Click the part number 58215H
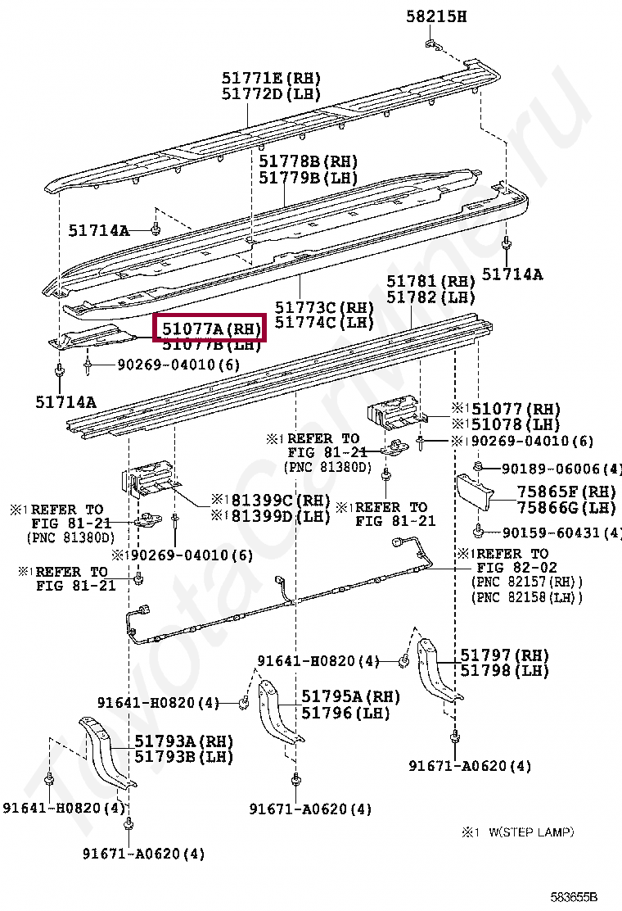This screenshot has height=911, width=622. click(x=436, y=16)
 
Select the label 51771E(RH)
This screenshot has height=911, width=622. click(x=271, y=78)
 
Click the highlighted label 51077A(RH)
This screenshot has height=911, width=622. click(x=210, y=328)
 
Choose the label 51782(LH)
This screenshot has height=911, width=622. click(x=430, y=297)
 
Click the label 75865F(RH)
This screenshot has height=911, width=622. click(x=566, y=492)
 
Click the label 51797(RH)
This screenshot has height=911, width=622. click(x=503, y=655)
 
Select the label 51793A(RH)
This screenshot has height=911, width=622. click(x=183, y=741)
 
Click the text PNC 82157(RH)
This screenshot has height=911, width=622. click(x=527, y=582)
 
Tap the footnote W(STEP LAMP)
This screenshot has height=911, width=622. click(x=532, y=832)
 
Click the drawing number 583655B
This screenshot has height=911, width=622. click(x=574, y=897)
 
